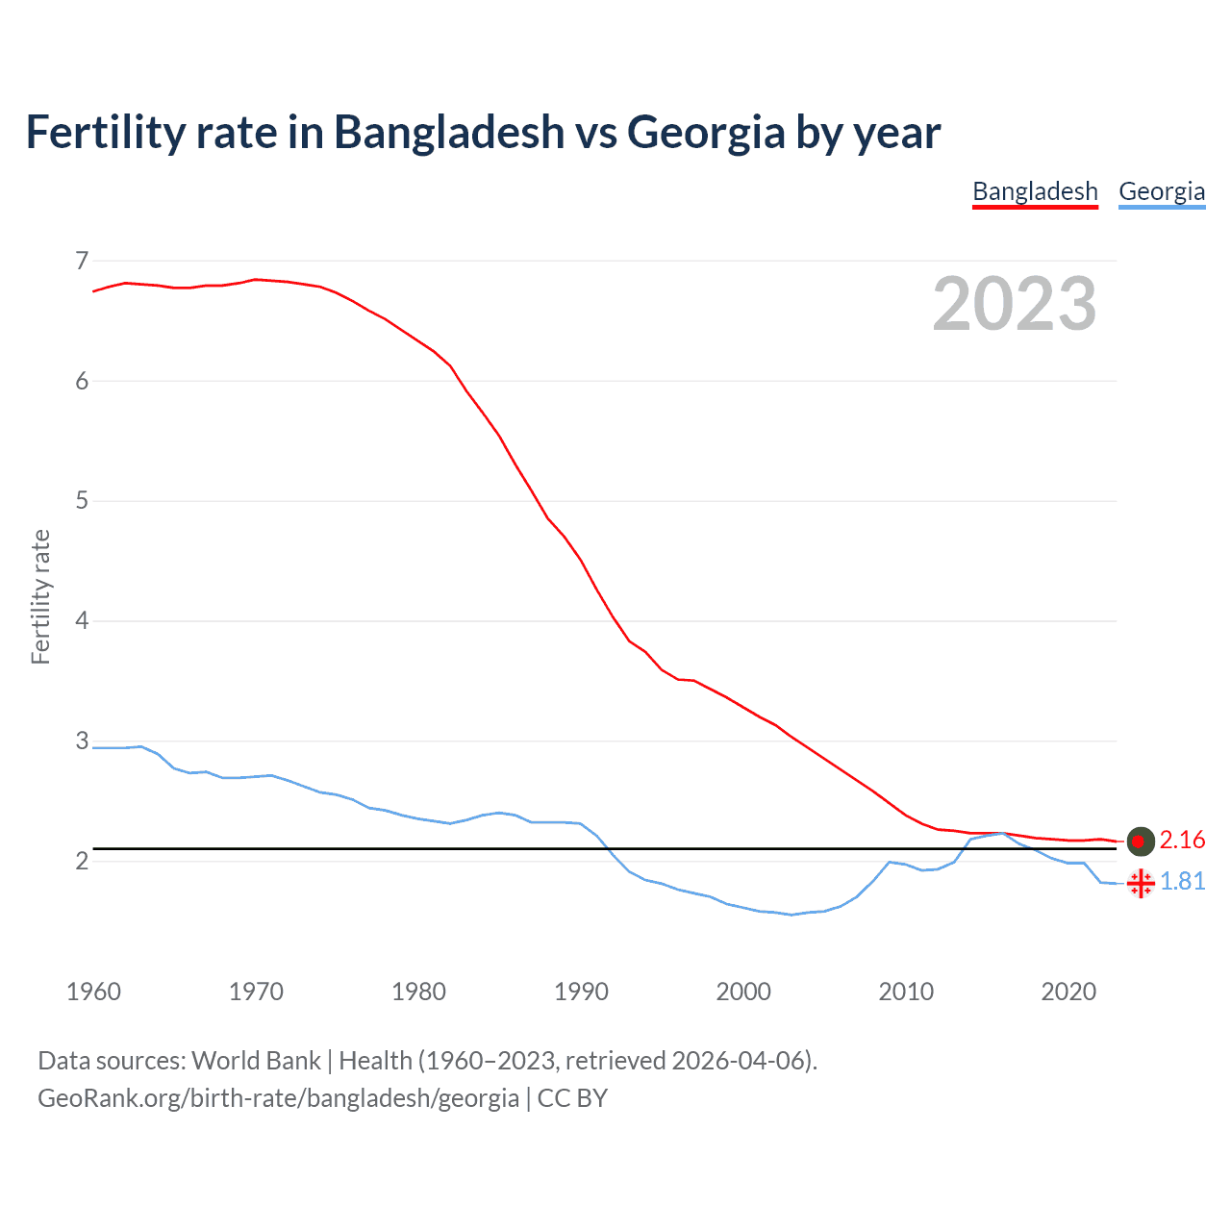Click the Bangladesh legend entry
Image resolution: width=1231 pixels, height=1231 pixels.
(1035, 191)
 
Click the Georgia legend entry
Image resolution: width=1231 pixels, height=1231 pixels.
(1162, 191)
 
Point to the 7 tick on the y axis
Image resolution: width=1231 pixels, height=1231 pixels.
(82, 261)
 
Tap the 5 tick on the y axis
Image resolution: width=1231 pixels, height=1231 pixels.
(82, 501)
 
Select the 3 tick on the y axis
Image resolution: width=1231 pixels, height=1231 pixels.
(82, 741)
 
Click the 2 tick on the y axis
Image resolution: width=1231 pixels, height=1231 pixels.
(82, 861)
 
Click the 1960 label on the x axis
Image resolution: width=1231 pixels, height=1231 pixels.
(93, 992)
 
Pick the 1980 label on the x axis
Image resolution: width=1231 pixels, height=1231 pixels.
(418, 992)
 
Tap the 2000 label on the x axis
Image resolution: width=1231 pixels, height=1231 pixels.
(743, 992)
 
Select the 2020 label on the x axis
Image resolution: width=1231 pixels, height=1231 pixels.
(1068, 992)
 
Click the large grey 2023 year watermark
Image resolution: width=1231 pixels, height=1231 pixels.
(1014, 304)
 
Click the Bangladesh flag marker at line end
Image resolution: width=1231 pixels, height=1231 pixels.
(1140, 841)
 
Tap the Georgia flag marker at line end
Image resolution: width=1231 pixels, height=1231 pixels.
(1140, 882)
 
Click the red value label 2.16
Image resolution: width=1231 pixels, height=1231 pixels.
(1182, 841)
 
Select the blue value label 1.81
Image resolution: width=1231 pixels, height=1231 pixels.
(1182, 882)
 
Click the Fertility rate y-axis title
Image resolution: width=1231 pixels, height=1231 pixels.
(40, 596)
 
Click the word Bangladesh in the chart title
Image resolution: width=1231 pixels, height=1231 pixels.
(449, 132)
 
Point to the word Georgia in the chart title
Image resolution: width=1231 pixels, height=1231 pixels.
(706, 132)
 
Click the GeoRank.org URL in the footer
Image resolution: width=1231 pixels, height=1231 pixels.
(278, 1098)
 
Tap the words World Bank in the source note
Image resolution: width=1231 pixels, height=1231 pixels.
(256, 1061)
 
